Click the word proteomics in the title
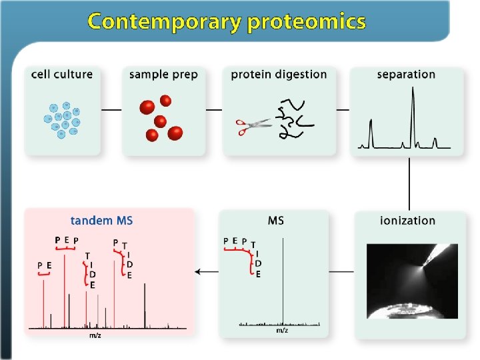pyautogui.click(x=307, y=22)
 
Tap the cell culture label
pyautogui.click(x=62, y=74)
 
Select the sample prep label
pyautogui.click(x=163, y=74)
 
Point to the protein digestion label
pyautogui.click(x=279, y=74)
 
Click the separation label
pyautogui.click(x=406, y=74)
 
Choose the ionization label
pyautogui.click(x=407, y=221)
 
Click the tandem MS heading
pyautogui.click(x=102, y=221)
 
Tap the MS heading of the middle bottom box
pyautogui.click(x=275, y=221)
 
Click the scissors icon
pyautogui.click(x=253, y=125)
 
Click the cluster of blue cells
pyautogui.click(x=62, y=119)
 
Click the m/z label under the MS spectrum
pyautogui.click(x=282, y=331)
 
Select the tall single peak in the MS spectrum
pyautogui.click(x=283, y=280)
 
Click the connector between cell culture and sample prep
pyautogui.click(x=111, y=109)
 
